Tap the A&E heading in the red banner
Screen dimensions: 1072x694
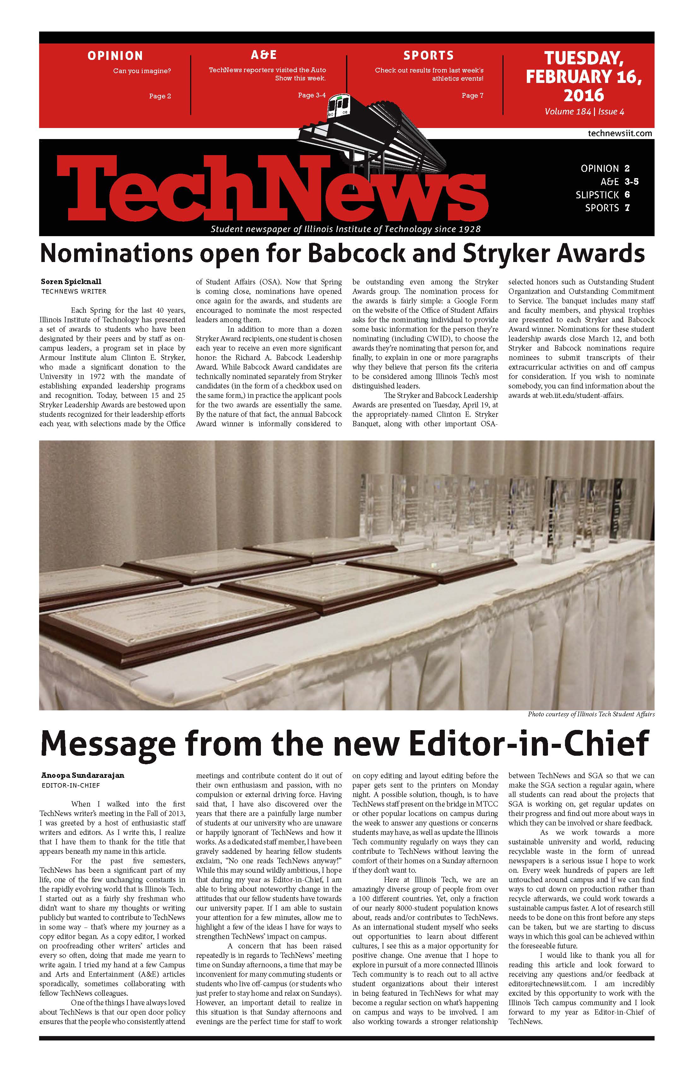click(264, 55)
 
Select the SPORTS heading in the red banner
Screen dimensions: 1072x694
click(428, 55)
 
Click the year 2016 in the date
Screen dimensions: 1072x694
click(584, 95)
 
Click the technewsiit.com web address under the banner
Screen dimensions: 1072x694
click(620, 133)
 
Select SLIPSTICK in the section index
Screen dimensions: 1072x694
click(597, 195)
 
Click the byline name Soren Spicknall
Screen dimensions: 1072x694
click(71, 282)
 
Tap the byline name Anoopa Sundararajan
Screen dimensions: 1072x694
click(82, 776)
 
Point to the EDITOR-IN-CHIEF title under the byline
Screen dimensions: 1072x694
click(71, 785)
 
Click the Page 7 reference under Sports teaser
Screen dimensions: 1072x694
click(472, 96)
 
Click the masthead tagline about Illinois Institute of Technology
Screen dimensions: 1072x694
click(346, 229)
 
